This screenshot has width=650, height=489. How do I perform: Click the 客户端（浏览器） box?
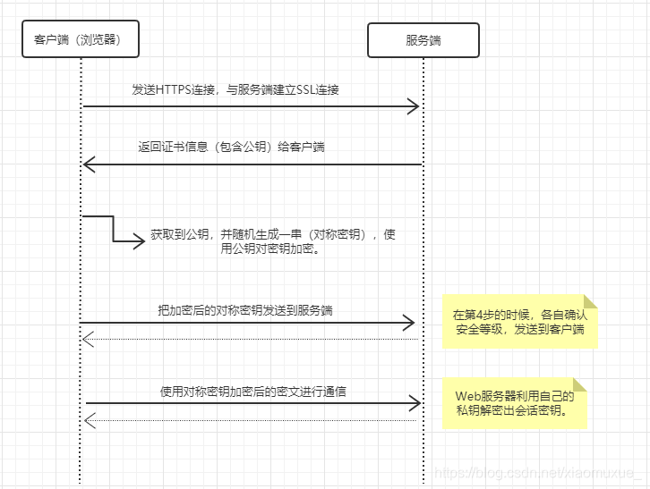(x=81, y=39)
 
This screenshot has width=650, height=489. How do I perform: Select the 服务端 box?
(x=423, y=40)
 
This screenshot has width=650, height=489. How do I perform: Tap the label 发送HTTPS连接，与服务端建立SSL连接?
(x=235, y=90)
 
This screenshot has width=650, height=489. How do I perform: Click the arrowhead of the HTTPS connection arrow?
(x=414, y=107)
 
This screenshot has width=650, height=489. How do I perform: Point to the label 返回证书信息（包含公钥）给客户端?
(x=231, y=148)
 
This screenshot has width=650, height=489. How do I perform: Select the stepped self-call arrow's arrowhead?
(x=139, y=240)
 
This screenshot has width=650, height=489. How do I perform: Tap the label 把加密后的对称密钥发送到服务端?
(x=245, y=310)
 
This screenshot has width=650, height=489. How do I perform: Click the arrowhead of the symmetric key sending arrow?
(x=409, y=322)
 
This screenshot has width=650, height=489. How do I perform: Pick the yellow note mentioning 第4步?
(x=519, y=323)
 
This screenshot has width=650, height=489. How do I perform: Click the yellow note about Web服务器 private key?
(x=515, y=403)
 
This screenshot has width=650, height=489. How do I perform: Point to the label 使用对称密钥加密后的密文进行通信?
(x=253, y=391)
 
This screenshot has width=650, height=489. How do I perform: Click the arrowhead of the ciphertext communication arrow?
(x=415, y=403)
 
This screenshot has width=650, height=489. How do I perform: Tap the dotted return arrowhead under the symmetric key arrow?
(x=87, y=339)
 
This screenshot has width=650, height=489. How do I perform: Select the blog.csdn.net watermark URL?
(x=537, y=472)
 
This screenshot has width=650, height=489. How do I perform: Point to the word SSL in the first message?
(x=292, y=90)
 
